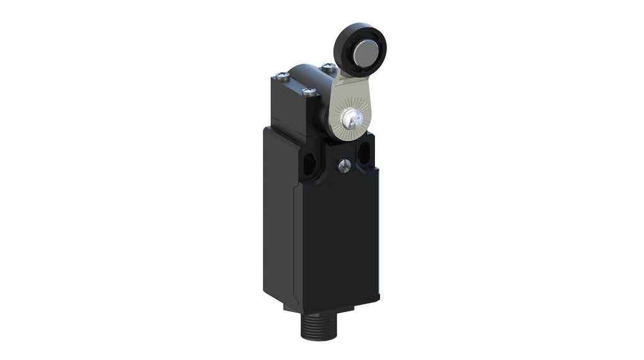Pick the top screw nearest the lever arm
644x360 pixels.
point(326,66)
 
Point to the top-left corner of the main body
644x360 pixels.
point(266,129)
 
